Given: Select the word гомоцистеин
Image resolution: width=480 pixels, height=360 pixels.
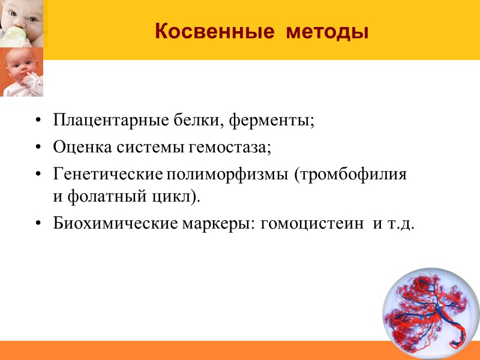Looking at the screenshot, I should (316, 224).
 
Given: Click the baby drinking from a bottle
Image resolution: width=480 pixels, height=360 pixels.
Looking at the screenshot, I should (22, 22).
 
